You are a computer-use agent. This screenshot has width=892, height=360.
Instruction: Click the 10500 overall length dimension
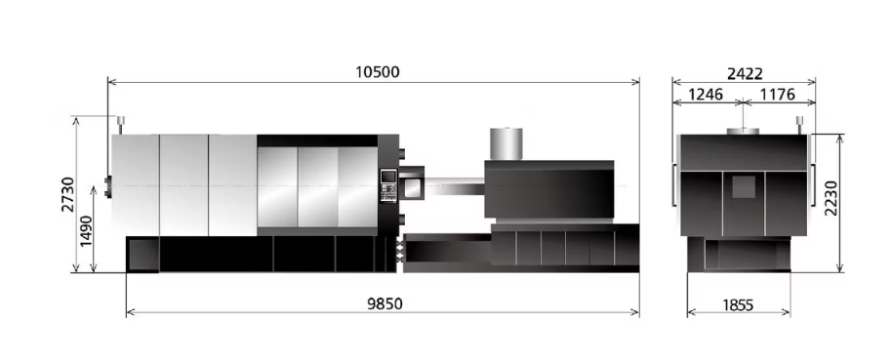pos(377,72)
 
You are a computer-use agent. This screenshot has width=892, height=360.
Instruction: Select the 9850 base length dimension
pos(385,304)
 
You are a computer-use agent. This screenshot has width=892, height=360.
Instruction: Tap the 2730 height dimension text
pos(67,194)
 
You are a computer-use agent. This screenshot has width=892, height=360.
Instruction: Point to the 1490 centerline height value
pos(86,231)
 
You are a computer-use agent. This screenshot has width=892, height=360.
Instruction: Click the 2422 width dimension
pos(745,74)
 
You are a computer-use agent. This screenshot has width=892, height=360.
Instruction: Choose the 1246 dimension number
pos(706,95)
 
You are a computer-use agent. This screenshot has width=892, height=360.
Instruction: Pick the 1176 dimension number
pos(778,95)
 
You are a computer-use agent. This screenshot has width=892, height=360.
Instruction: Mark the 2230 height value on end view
pos(831,198)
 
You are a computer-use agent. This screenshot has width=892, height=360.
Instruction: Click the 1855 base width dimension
pos(738,305)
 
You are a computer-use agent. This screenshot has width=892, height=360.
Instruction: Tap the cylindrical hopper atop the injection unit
pos(507,143)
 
